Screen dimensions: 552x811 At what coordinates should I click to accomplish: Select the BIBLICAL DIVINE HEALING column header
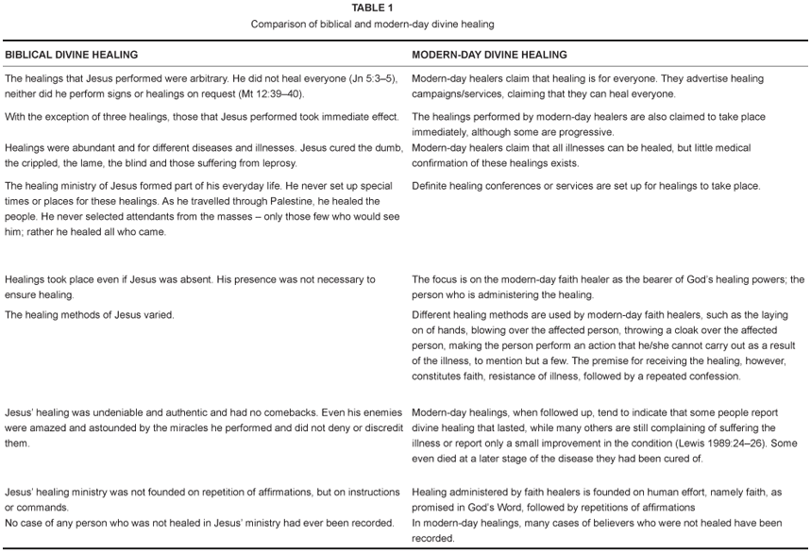click(x=72, y=56)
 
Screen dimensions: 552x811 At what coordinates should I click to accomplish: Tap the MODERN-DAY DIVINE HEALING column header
click(x=489, y=56)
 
